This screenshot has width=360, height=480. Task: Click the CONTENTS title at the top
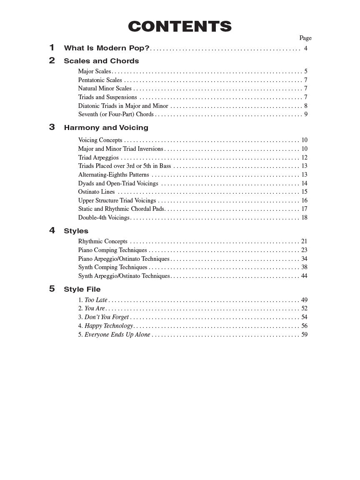pyautogui.click(x=180, y=26)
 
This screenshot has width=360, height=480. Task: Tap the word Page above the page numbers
pyautogui.click(x=305, y=38)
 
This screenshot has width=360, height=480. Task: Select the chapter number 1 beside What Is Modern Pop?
pyautogui.click(x=52, y=47)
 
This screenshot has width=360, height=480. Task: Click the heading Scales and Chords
pyautogui.click(x=101, y=61)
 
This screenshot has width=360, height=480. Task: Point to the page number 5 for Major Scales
pyautogui.click(x=305, y=71)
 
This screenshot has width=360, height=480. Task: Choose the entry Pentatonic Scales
pyautogui.click(x=100, y=80)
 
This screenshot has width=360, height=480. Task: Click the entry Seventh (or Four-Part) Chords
pyautogui.click(x=116, y=114)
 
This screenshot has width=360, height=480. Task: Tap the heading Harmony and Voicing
pyautogui.click(x=106, y=127)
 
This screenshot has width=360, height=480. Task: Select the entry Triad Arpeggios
pyautogui.click(x=98, y=157)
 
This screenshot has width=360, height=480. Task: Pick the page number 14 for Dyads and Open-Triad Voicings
pyautogui.click(x=304, y=183)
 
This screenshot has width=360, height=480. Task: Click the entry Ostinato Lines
pyautogui.click(x=96, y=192)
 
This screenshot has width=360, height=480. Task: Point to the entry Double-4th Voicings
pyautogui.click(x=104, y=217)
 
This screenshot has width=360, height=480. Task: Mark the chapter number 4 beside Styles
pyautogui.click(x=52, y=230)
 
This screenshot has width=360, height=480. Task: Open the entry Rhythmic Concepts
pyautogui.click(x=102, y=241)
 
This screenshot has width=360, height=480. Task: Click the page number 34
pyautogui.click(x=304, y=259)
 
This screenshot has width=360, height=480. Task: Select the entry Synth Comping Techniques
pyautogui.click(x=112, y=267)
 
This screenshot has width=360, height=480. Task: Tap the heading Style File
pyautogui.click(x=82, y=289)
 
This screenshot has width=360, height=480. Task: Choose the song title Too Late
pyautogui.click(x=96, y=300)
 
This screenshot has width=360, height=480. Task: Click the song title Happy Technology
pyautogui.click(x=109, y=326)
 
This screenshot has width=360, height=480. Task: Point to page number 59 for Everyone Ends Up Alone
pyautogui.click(x=304, y=335)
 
